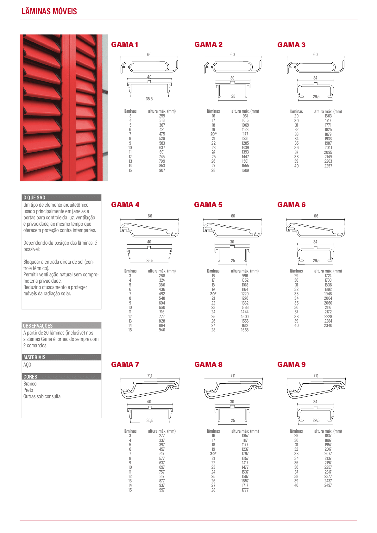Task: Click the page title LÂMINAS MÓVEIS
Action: point(49,11)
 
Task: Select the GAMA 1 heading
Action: point(124,45)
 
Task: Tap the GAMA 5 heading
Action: point(208,205)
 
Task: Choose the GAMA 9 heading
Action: point(291,364)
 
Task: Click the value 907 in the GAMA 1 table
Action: point(162,170)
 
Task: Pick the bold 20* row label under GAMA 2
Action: point(213,134)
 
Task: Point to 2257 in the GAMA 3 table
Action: point(328,166)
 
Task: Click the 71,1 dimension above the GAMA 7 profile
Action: point(149,376)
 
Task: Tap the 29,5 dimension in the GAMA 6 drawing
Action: point(316,260)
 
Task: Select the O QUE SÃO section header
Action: point(34,198)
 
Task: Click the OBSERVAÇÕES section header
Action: point(38,325)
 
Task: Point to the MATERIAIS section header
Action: point(34,357)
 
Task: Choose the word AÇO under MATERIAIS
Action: point(27,365)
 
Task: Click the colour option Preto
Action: point(28,390)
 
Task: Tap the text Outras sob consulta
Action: point(42,396)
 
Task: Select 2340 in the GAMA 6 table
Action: point(328,325)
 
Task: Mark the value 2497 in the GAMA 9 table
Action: point(328,485)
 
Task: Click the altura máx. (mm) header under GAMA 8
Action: point(245,431)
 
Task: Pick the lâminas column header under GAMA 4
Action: point(130,271)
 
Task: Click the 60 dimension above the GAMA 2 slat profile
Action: point(233,54)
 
